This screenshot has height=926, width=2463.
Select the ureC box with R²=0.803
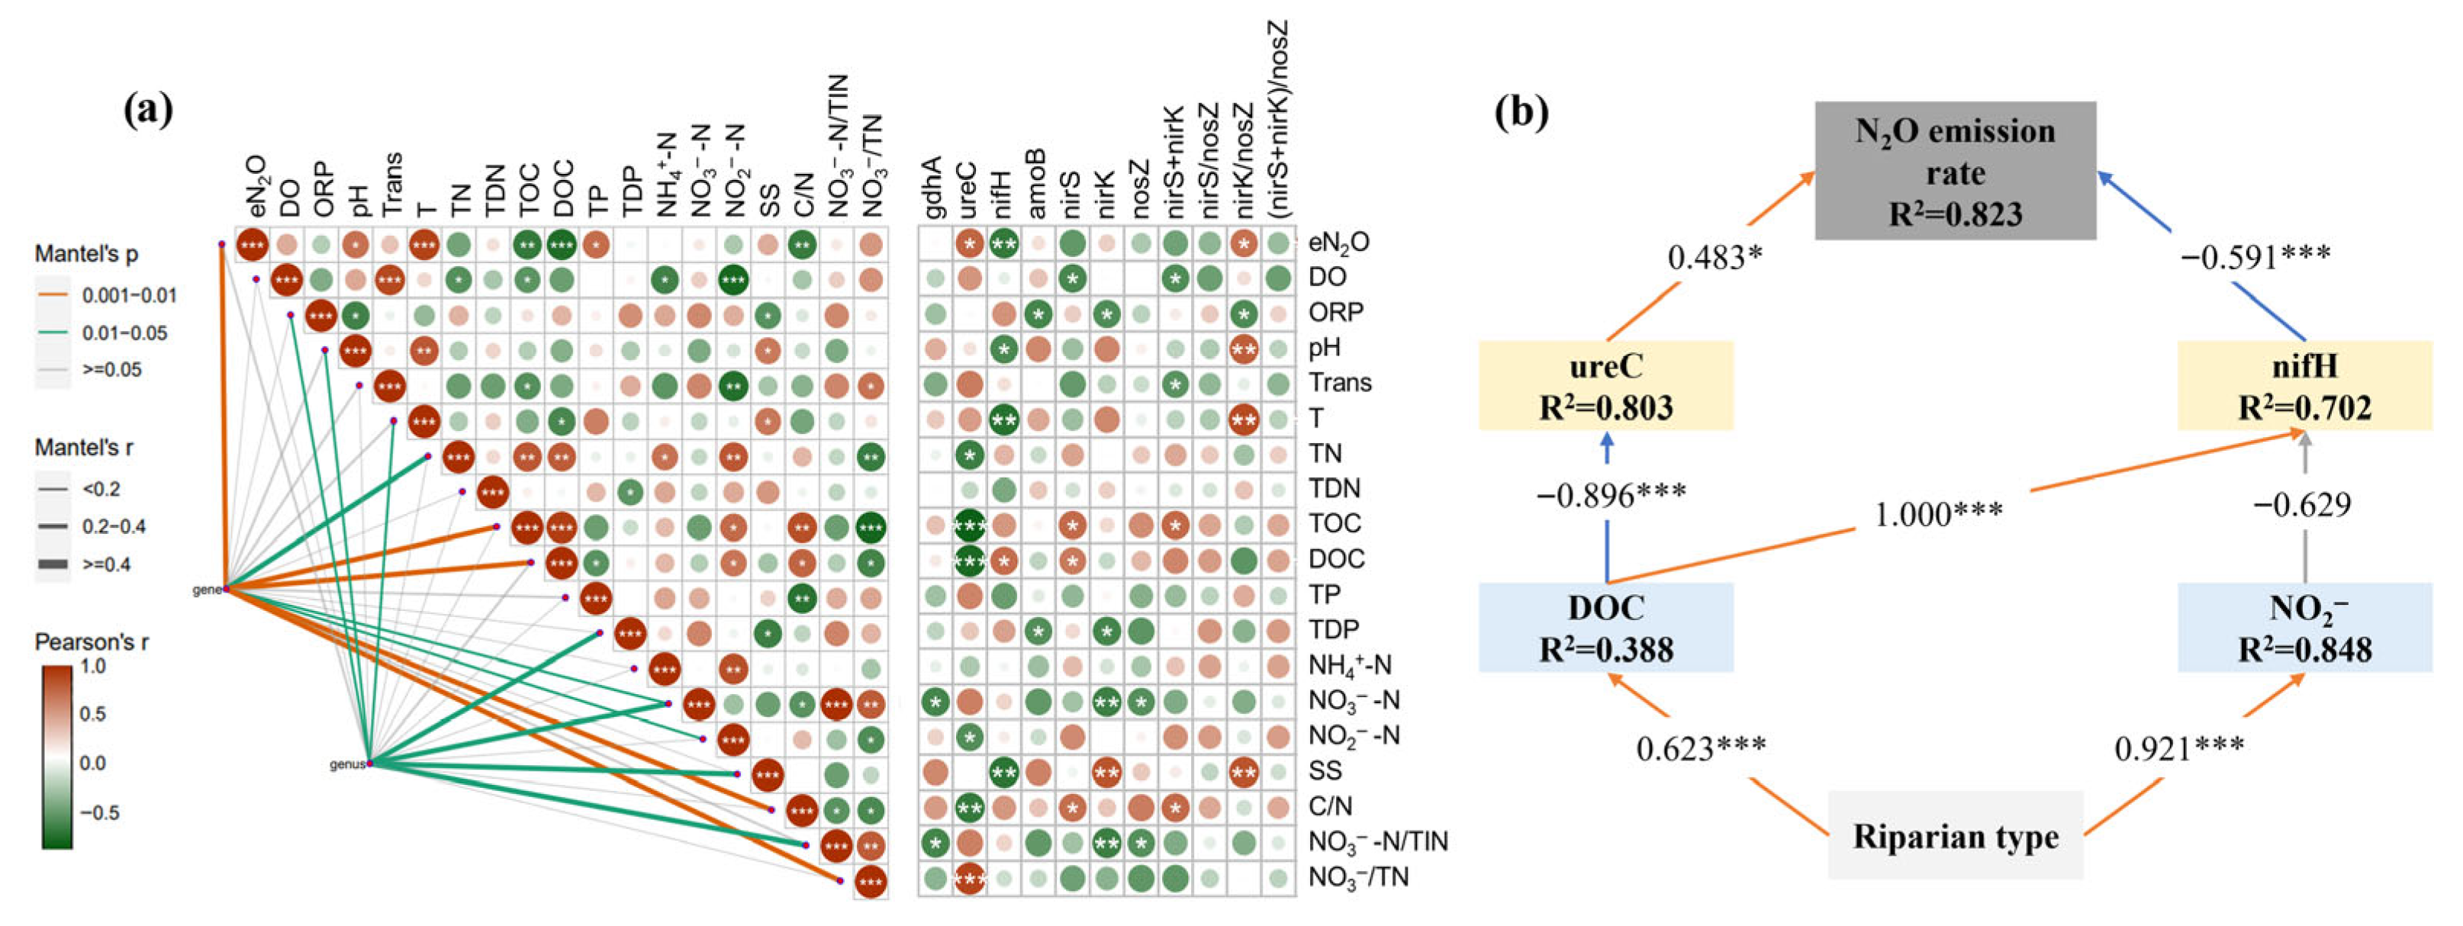click(1605, 385)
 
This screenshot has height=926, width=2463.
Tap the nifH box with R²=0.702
click(2304, 385)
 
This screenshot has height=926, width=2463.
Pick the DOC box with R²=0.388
click(1605, 627)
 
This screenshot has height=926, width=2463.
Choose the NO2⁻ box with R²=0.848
click(2304, 627)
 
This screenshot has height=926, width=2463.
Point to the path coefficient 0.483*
click(1714, 257)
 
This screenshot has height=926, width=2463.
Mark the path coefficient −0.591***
click(2255, 256)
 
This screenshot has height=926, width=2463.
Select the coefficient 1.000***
click(1937, 514)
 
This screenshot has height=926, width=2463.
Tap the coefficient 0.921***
click(2178, 748)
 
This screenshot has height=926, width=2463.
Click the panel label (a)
click(148, 111)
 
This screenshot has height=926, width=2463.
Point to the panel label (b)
click(1521, 113)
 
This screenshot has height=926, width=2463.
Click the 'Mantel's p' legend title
click(86, 254)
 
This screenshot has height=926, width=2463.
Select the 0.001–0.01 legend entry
click(129, 295)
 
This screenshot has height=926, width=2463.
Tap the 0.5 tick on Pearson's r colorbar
click(93, 714)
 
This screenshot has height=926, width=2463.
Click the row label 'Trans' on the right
click(1340, 382)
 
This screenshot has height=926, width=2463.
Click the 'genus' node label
click(346, 764)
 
